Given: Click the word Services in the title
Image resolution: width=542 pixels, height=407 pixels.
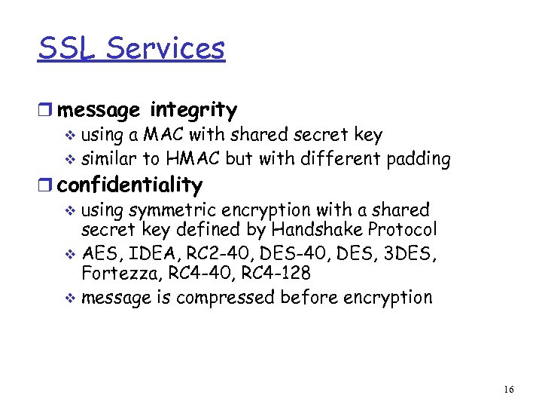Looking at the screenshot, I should (x=166, y=48).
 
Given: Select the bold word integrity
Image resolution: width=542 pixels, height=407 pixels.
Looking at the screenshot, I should (x=193, y=110).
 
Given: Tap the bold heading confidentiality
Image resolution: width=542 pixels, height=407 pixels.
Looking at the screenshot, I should (x=130, y=185).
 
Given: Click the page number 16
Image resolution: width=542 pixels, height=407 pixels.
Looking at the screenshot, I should (x=509, y=389).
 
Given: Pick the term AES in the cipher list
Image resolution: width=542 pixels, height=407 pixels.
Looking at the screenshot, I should (x=98, y=253).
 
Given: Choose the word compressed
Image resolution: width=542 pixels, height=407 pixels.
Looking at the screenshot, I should (x=225, y=297).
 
